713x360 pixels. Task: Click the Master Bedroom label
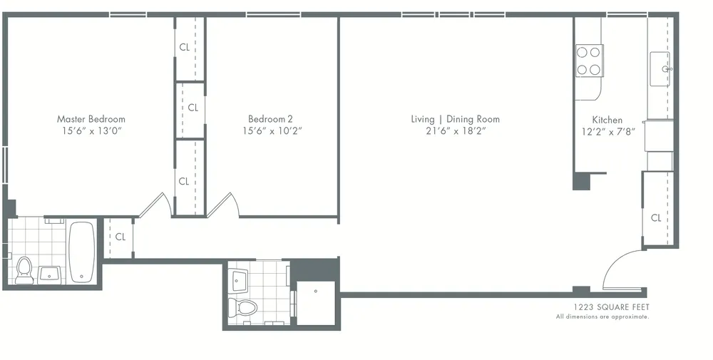pyautogui.click(x=91, y=119)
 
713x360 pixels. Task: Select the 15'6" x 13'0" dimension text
pyautogui.click(x=91, y=131)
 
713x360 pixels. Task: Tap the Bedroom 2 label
pyautogui.click(x=270, y=119)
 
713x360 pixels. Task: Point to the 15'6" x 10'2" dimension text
pyautogui.click(x=270, y=131)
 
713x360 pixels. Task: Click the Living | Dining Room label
pyautogui.click(x=455, y=119)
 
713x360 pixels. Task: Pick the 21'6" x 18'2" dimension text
pyautogui.click(x=455, y=131)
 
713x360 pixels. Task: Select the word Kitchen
pyautogui.click(x=607, y=120)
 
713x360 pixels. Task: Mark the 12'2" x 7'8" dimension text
pyautogui.click(x=607, y=132)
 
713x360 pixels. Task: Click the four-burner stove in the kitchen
pyautogui.click(x=589, y=61)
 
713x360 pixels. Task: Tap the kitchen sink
pyautogui.click(x=660, y=69)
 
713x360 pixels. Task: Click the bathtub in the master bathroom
pyautogui.click(x=81, y=252)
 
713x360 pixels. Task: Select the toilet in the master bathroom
pyautogui.click(x=24, y=270)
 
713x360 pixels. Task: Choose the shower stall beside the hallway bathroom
pyautogui.click(x=314, y=302)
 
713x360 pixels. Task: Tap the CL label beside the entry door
pyautogui.click(x=656, y=218)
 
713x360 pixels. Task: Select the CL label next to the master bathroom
pyautogui.click(x=120, y=237)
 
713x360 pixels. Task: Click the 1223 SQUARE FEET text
pyautogui.click(x=602, y=307)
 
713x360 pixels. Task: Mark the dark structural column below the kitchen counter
pyautogui.click(x=582, y=181)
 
